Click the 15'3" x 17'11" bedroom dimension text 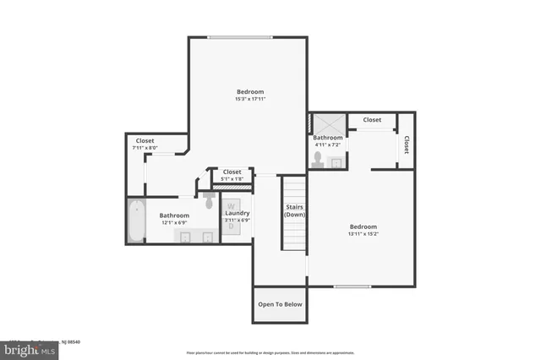point(250,100)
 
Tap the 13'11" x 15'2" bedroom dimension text point(363,234)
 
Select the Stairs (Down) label point(294,210)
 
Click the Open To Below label point(279,304)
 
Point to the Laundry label point(237,214)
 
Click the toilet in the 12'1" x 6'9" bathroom point(209,201)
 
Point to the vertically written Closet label point(407,145)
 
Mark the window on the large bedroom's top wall point(240,36)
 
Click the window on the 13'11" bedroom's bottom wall point(352,286)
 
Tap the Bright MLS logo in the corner point(25,348)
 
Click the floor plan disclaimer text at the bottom point(270,352)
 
